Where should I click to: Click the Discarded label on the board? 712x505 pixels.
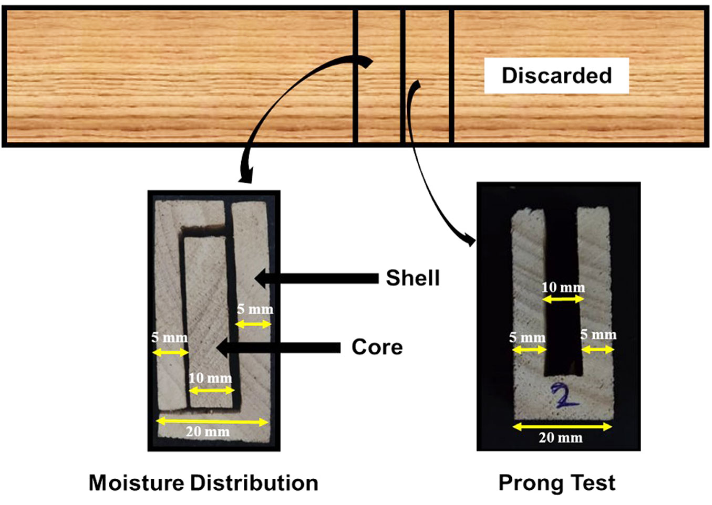[556, 76]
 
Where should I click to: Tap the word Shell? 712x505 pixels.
[412, 278]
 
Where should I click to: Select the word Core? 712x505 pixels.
[377, 347]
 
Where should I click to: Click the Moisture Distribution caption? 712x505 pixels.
[203, 483]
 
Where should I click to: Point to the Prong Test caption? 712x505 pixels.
[556, 483]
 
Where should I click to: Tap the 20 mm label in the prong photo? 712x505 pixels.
[560, 437]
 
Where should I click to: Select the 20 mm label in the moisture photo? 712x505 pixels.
[208, 432]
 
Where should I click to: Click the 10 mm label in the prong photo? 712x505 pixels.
[563, 287]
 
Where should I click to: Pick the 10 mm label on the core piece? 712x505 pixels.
[210, 378]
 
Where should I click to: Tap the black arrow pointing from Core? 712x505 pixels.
[278, 348]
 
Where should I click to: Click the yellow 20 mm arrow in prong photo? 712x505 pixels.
[562, 426]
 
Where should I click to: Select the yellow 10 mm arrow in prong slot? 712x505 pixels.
[563, 299]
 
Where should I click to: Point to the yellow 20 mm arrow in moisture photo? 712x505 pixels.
[213, 421]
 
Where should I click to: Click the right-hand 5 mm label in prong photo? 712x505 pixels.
[598, 335]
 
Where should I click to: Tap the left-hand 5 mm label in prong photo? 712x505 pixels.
[527, 338]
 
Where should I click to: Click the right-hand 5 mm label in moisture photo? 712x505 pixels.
[255, 309]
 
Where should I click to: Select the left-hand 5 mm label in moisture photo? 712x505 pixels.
[169, 338]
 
